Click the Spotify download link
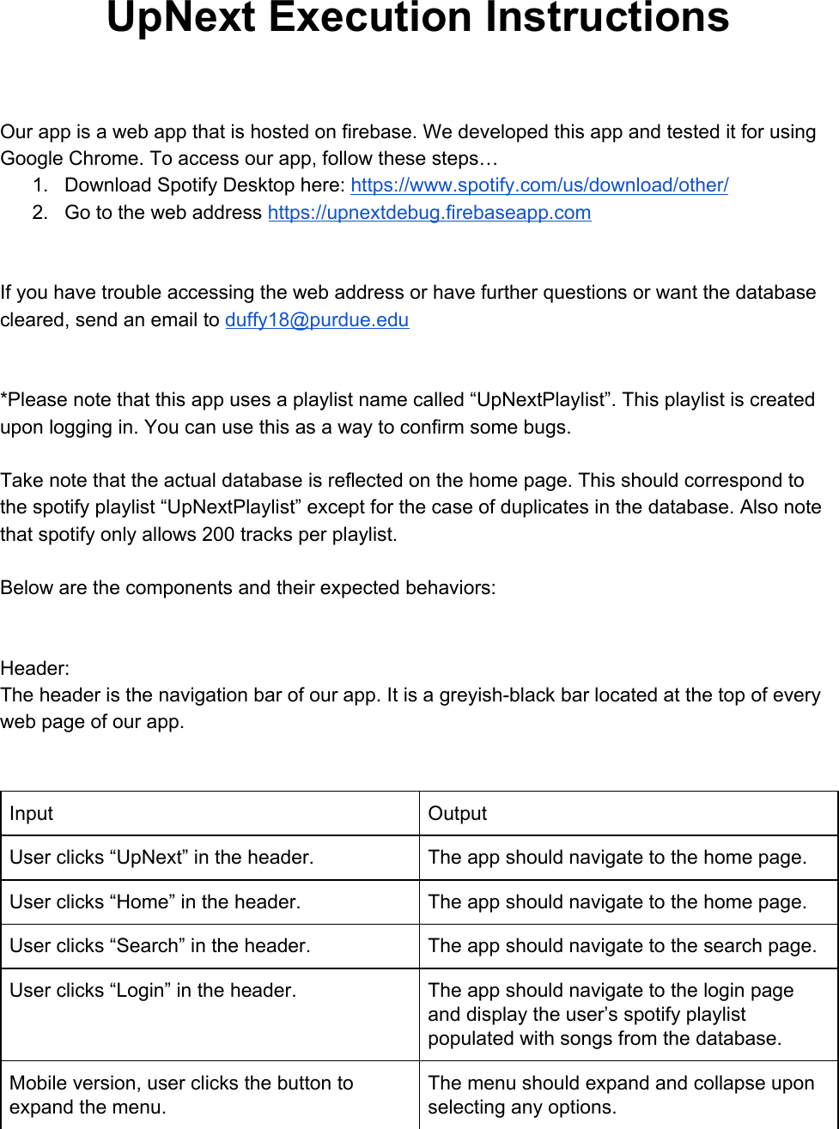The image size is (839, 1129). (x=539, y=185)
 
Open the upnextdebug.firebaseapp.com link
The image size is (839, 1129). (x=429, y=213)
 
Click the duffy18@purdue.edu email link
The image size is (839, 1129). (x=317, y=320)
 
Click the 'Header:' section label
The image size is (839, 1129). (x=35, y=669)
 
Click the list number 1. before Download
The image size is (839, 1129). (x=40, y=185)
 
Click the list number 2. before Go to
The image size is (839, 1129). (x=40, y=213)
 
